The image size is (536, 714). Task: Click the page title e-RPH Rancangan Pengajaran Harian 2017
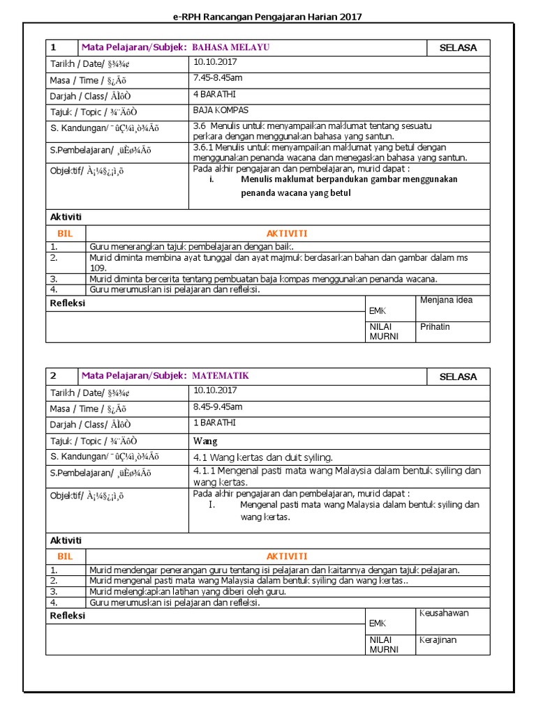coord(267,17)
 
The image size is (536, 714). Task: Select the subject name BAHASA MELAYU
coord(230,47)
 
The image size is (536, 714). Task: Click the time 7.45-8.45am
coord(218,78)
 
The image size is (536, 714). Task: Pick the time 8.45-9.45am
coord(218,407)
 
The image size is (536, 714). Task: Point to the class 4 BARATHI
coord(214,94)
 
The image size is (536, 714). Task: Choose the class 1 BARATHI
coord(214,423)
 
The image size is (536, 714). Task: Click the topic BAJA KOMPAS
coord(221,110)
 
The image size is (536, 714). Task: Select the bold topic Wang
coord(205,441)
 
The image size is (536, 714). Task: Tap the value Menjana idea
coord(446,301)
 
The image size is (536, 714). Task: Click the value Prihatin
coord(435,326)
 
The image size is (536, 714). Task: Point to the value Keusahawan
coord(444,613)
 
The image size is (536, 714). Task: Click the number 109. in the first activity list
coord(98,268)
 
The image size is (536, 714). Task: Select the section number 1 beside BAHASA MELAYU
coord(53,47)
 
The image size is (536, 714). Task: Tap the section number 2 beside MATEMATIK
coord(53,376)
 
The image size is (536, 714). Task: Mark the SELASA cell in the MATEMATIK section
coord(458,377)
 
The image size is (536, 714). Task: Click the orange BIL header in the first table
coord(65,234)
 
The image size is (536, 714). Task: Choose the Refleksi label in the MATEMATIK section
coord(68,616)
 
